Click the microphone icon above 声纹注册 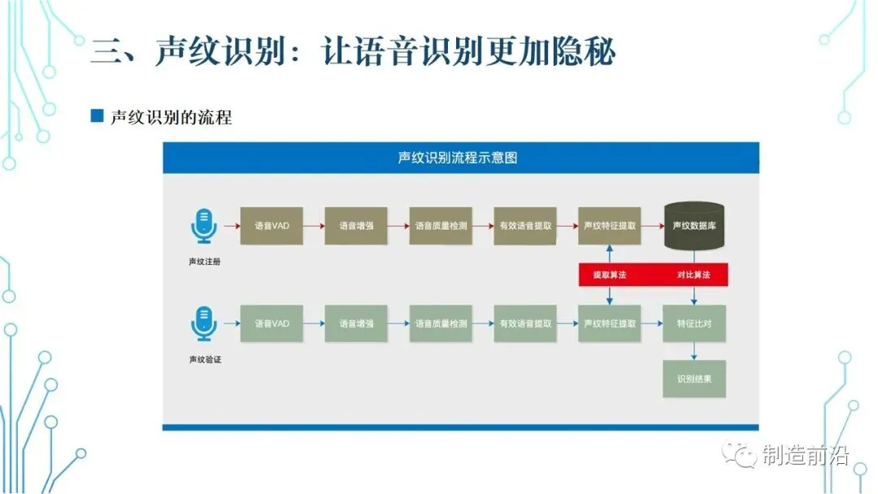pos(204,225)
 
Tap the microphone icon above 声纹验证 pos(204,323)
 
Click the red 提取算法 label pos(610,275)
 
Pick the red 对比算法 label pos(693,275)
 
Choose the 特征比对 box pos(693,323)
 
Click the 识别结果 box pos(693,379)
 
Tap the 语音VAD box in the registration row pos(272,225)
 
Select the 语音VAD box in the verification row pos(272,323)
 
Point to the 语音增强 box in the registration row pos(356,225)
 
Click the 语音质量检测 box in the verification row pos(441,323)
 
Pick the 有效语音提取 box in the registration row pos(525,225)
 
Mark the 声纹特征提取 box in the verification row pos(610,323)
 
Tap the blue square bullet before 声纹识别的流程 pos(97,116)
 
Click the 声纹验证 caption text pos(204,358)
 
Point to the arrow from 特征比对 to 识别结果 pos(693,351)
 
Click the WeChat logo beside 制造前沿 pos(741,456)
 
